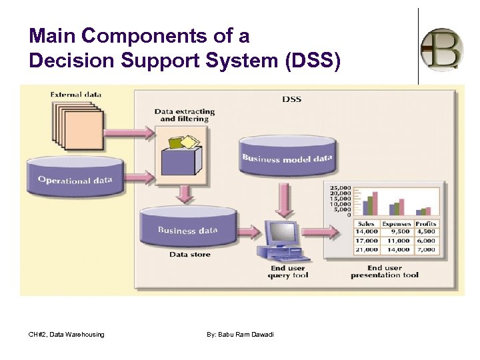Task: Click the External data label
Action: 76,95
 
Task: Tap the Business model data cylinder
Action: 287,157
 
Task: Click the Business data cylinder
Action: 187,228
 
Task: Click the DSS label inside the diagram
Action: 291,99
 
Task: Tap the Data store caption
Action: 189,255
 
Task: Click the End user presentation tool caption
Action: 385,271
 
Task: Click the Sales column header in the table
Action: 367,224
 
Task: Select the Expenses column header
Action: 397,224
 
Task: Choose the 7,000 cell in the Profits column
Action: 426,249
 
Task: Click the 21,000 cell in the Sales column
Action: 367,249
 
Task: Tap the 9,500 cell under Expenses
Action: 397,232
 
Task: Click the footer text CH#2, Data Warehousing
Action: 67,334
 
